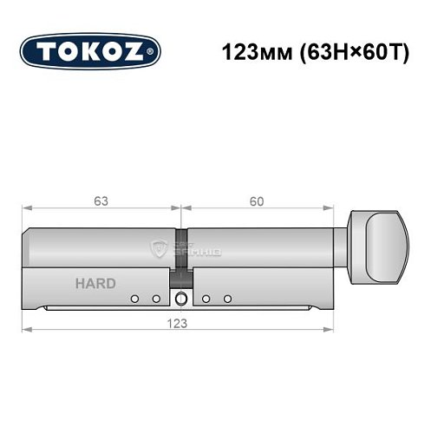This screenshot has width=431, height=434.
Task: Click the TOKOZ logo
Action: (x=90, y=49)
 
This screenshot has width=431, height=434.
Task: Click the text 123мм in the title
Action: (x=248, y=50)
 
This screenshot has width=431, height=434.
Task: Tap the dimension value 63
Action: (x=101, y=202)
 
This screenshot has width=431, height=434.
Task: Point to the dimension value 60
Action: (x=257, y=202)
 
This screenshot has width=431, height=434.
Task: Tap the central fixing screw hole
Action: (x=180, y=299)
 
